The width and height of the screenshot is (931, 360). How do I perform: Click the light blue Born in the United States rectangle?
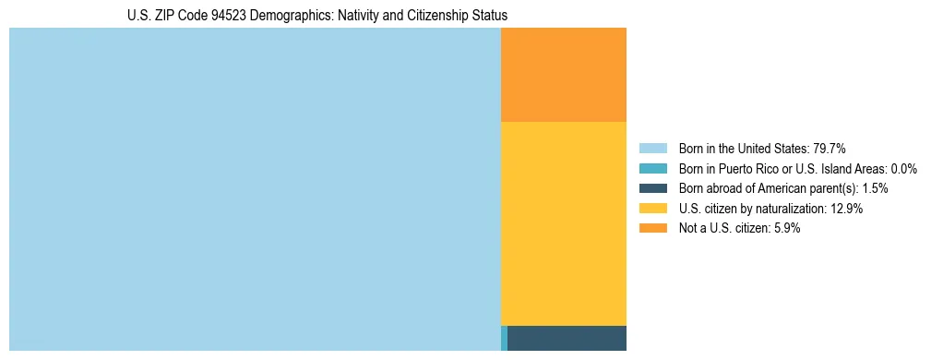(x=255, y=189)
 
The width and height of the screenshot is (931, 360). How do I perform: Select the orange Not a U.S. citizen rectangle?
(x=563, y=75)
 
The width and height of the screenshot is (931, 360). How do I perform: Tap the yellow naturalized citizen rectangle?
(x=563, y=223)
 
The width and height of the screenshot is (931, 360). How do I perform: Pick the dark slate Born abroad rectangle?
(x=567, y=338)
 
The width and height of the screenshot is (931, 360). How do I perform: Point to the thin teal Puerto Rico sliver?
(x=504, y=338)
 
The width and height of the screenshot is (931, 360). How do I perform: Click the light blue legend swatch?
(x=652, y=149)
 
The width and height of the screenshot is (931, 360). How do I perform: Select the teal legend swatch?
(x=652, y=169)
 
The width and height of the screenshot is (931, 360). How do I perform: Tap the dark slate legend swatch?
(x=652, y=188)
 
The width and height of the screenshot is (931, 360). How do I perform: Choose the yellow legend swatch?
(x=652, y=209)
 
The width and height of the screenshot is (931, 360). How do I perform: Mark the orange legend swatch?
(x=652, y=229)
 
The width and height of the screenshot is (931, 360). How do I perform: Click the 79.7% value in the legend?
(x=829, y=149)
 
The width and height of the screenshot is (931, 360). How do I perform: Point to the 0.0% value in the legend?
(x=903, y=169)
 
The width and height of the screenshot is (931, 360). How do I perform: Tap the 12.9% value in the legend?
(x=845, y=209)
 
